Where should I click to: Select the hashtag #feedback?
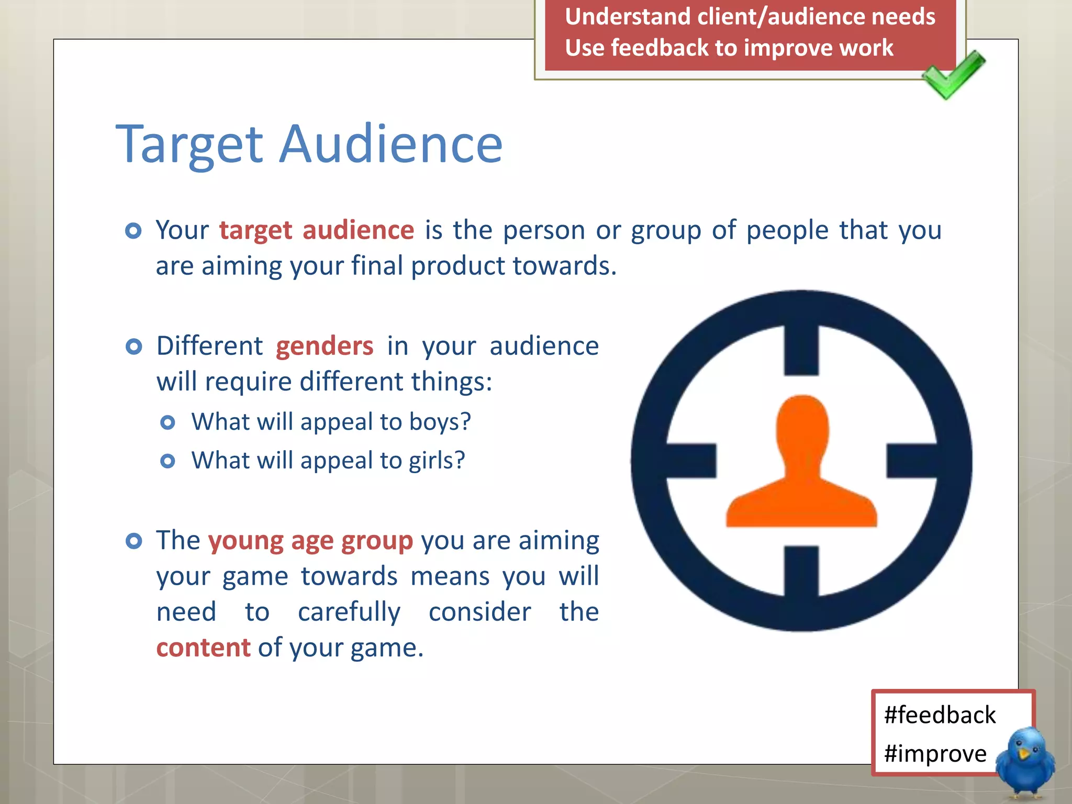pos(940,715)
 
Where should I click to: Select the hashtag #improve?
pos(935,754)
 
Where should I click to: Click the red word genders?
pos(325,347)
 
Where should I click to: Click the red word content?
pos(203,648)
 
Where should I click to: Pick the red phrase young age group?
pos(310,541)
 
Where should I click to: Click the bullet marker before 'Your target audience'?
pos(133,231)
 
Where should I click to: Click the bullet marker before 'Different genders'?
pos(134,347)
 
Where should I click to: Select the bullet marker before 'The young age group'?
pos(134,541)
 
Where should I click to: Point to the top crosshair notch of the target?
pos(801,349)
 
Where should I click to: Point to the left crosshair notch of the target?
pos(691,461)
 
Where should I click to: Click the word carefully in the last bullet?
pos(349,612)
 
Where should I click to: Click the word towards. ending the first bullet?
pos(564,266)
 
